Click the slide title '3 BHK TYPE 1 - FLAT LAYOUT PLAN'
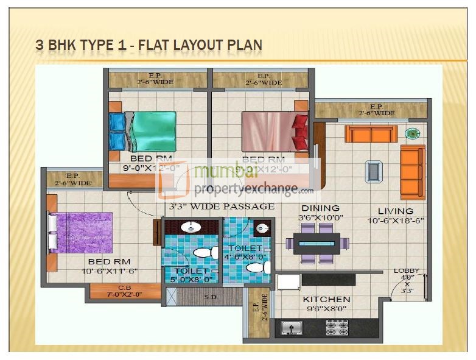(150, 44)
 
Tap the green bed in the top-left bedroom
(154, 131)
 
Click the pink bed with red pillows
(268, 131)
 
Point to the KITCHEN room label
(327, 299)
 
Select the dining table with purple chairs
(317, 243)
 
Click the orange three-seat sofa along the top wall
(371, 133)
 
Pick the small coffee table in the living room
(374, 171)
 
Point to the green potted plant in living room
(413, 133)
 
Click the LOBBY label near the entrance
(407, 271)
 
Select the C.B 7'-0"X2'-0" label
(125, 291)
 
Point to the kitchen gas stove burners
(337, 328)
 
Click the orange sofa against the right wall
(412, 171)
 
